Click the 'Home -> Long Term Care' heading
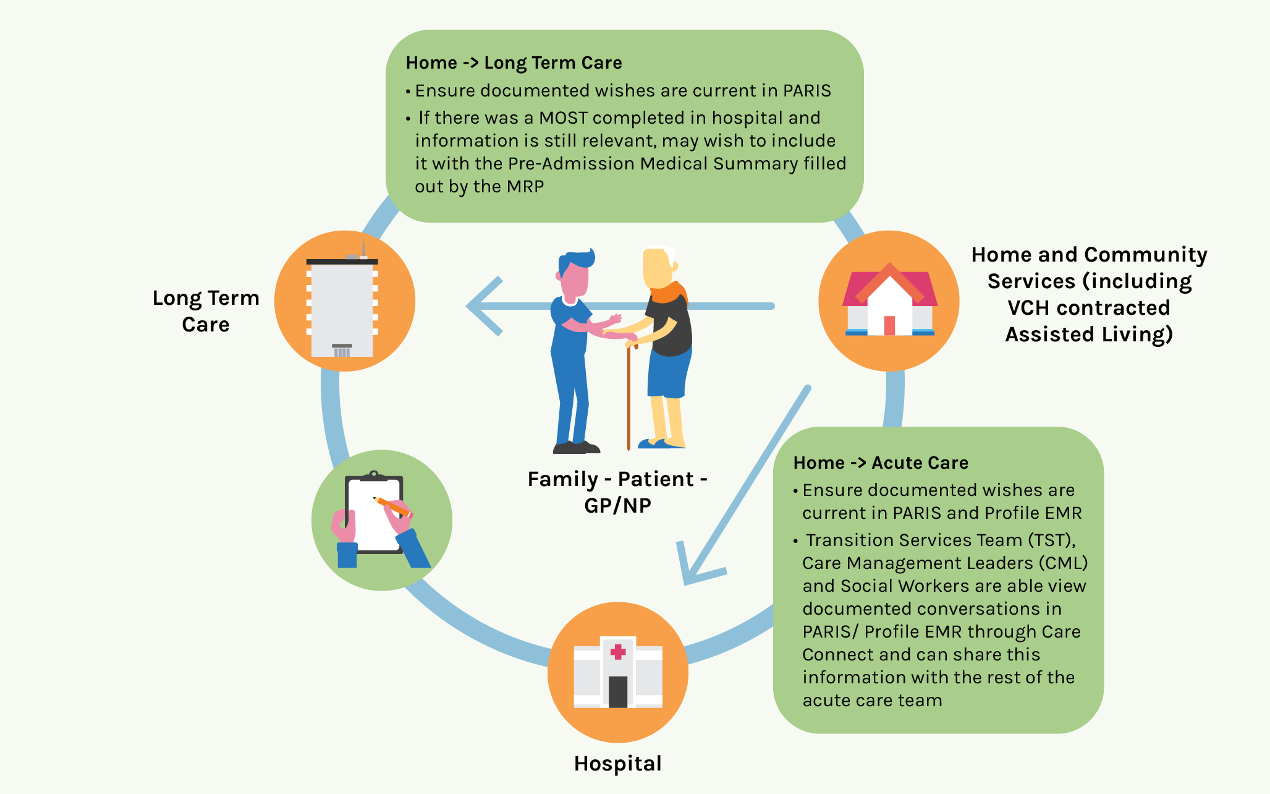pos(514,63)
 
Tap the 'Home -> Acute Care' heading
pos(880,463)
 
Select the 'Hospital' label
pos(617,764)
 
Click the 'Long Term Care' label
pos(206,311)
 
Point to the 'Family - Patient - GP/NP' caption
pos(617,492)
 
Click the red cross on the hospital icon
pos(618,651)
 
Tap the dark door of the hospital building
pos(618,691)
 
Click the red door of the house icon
pos(889,325)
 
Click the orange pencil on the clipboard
pos(392,506)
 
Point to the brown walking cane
pos(629,396)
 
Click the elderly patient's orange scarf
pos(669,292)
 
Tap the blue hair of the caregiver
pos(577,260)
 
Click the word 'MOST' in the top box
pos(563,118)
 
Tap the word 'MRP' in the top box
pos(525,187)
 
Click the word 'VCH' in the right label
pos(1034,308)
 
